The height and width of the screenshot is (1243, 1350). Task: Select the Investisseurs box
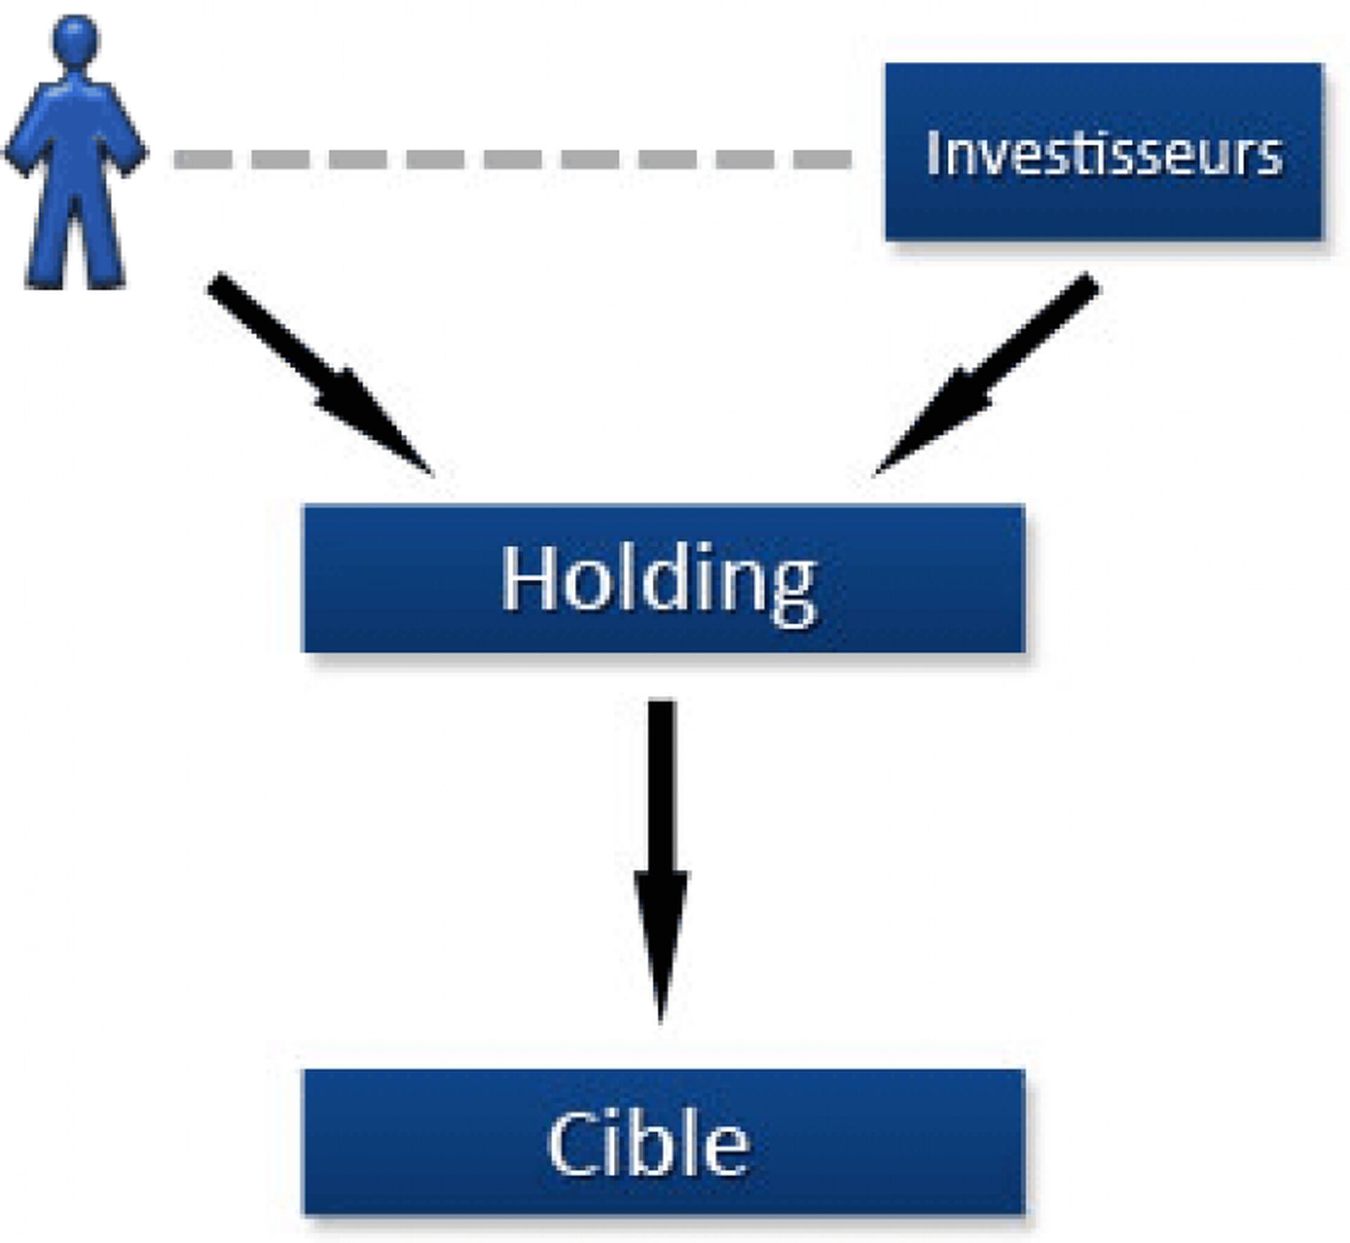pyautogui.click(x=1103, y=152)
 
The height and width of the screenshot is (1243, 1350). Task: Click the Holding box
pyautogui.click(x=663, y=579)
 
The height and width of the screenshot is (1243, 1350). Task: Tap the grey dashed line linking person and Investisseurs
pyautogui.click(x=513, y=159)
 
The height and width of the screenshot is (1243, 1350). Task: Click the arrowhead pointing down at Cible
pyautogui.click(x=661, y=942)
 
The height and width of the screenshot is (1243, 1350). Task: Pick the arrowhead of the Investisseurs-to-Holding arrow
pyautogui.click(x=928, y=425)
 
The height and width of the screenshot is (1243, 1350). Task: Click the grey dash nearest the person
pyautogui.click(x=202, y=159)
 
